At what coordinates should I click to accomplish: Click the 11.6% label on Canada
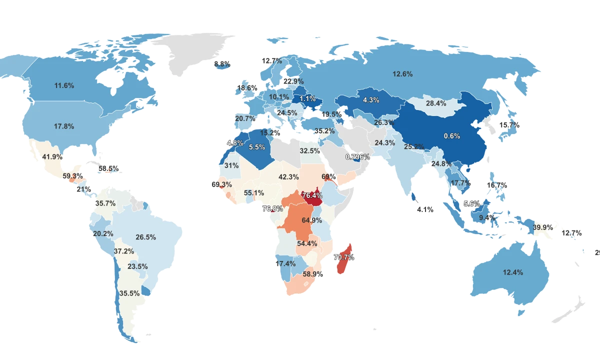pos(64,86)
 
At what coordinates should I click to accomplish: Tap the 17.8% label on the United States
pos(64,126)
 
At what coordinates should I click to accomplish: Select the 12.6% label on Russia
pos(402,74)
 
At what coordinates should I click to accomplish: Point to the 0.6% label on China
pos(451,136)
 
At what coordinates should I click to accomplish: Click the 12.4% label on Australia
pos(513,272)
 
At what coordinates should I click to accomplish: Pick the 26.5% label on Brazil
pos(145,237)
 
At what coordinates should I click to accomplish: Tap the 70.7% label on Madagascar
pos(343,257)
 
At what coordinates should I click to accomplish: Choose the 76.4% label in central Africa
pos(312,195)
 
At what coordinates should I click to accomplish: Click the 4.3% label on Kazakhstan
pos(371,100)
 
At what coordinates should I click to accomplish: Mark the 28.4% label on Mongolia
pos(436,103)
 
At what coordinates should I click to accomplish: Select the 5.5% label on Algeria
pos(256,147)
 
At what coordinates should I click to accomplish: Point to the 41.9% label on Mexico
pos(52,156)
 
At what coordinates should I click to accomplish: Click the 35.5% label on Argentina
pos(129,293)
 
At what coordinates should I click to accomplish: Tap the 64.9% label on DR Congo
pos(312,220)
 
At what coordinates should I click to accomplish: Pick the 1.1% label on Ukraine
pos(307,98)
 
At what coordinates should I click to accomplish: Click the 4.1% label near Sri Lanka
pos(425,209)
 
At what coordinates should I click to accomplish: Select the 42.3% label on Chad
pos(288,176)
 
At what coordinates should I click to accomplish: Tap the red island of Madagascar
pos(342,265)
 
